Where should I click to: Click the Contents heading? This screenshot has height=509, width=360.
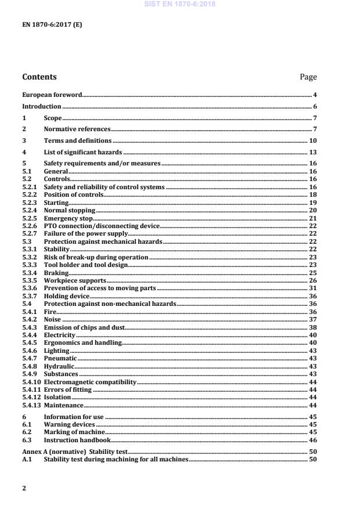click(39, 77)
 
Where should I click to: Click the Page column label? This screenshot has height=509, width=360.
click(308, 77)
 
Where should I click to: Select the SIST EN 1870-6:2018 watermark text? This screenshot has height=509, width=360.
click(179, 4)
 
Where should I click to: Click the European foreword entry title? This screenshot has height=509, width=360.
click(52, 95)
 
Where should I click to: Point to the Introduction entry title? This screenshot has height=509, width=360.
click(41, 107)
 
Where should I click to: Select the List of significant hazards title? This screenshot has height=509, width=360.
click(82, 152)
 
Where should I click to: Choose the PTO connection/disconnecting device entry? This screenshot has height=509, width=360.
click(102, 226)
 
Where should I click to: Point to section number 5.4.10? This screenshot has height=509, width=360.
click(31, 382)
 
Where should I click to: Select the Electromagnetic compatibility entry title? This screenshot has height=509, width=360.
click(90, 382)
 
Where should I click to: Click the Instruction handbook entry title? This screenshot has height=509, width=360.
click(77, 441)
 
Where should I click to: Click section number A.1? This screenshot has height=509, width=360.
click(27, 459)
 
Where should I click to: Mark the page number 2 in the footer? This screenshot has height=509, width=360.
click(24, 488)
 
